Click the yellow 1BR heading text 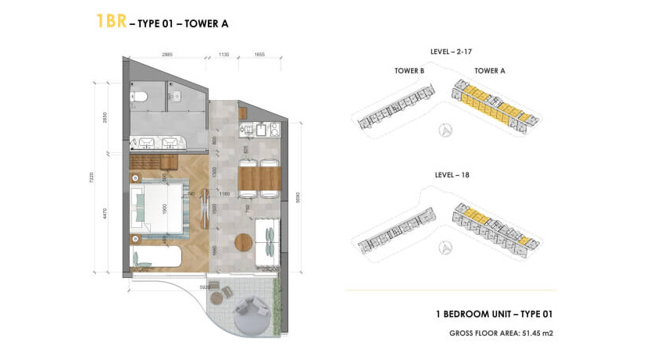click(x=110, y=21)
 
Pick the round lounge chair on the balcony click(x=245, y=310)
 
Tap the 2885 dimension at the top click(x=167, y=55)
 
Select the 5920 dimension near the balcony click(x=204, y=287)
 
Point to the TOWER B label click(x=409, y=70)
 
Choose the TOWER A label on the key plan click(x=490, y=70)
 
